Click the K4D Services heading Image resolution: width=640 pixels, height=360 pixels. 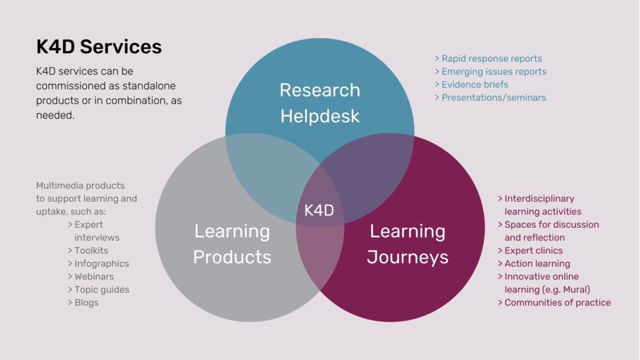click(x=99, y=47)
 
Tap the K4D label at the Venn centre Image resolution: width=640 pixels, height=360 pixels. click(x=319, y=211)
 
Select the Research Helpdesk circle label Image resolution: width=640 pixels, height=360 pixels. click(x=319, y=103)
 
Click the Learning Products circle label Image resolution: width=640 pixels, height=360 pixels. click(x=232, y=244)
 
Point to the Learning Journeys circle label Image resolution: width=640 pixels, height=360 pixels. click(x=407, y=244)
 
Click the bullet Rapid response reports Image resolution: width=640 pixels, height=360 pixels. click(x=491, y=59)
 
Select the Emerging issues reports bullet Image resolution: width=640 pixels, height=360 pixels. click(x=494, y=72)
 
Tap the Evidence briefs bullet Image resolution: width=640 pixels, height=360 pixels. click(x=474, y=84)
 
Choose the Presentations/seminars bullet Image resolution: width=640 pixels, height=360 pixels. click(x=493, y=97)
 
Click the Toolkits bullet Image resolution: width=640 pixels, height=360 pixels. click(x=91, y=251)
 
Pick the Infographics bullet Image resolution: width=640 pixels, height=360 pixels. click(x=101, y=264)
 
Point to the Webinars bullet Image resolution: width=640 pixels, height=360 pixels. click(x=94, y=276)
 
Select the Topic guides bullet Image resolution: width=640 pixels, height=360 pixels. click(x=102, y=289)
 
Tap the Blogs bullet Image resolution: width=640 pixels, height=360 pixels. click(x=86, y=302)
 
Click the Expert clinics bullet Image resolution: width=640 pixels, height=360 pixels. click(x=534, y=251)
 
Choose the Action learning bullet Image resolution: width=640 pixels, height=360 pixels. click(x=537, y=264)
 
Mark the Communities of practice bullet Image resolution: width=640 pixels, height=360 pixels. click(x=557, y=302)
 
